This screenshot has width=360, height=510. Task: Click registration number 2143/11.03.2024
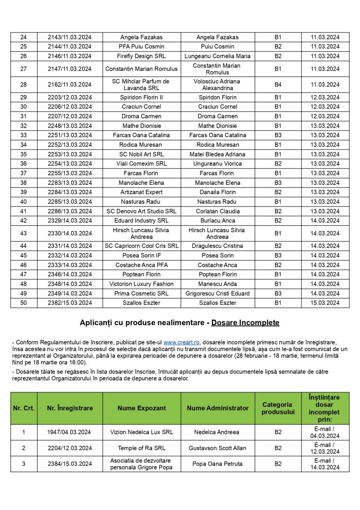(70, 37)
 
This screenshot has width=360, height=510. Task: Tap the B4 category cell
(278, 84)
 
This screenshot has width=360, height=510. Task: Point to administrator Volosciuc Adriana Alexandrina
(217, 84)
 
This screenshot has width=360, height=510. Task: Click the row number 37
(23, 173)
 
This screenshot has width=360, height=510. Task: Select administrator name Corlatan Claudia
(217, 211)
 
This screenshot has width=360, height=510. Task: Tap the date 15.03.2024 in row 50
(327, 303)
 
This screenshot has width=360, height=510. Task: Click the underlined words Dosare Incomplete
(245, 323)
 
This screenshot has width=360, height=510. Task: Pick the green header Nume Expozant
(142, 408)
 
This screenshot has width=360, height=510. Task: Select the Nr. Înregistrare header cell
(70, 408)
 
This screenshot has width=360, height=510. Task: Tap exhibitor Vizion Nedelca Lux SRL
(142, 432)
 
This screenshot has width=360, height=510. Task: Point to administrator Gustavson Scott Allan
(217, 448)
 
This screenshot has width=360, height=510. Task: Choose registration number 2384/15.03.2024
(70, 464)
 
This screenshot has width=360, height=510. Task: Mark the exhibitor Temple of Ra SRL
(142, 448)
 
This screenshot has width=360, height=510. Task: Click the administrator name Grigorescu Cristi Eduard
(217, 293)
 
